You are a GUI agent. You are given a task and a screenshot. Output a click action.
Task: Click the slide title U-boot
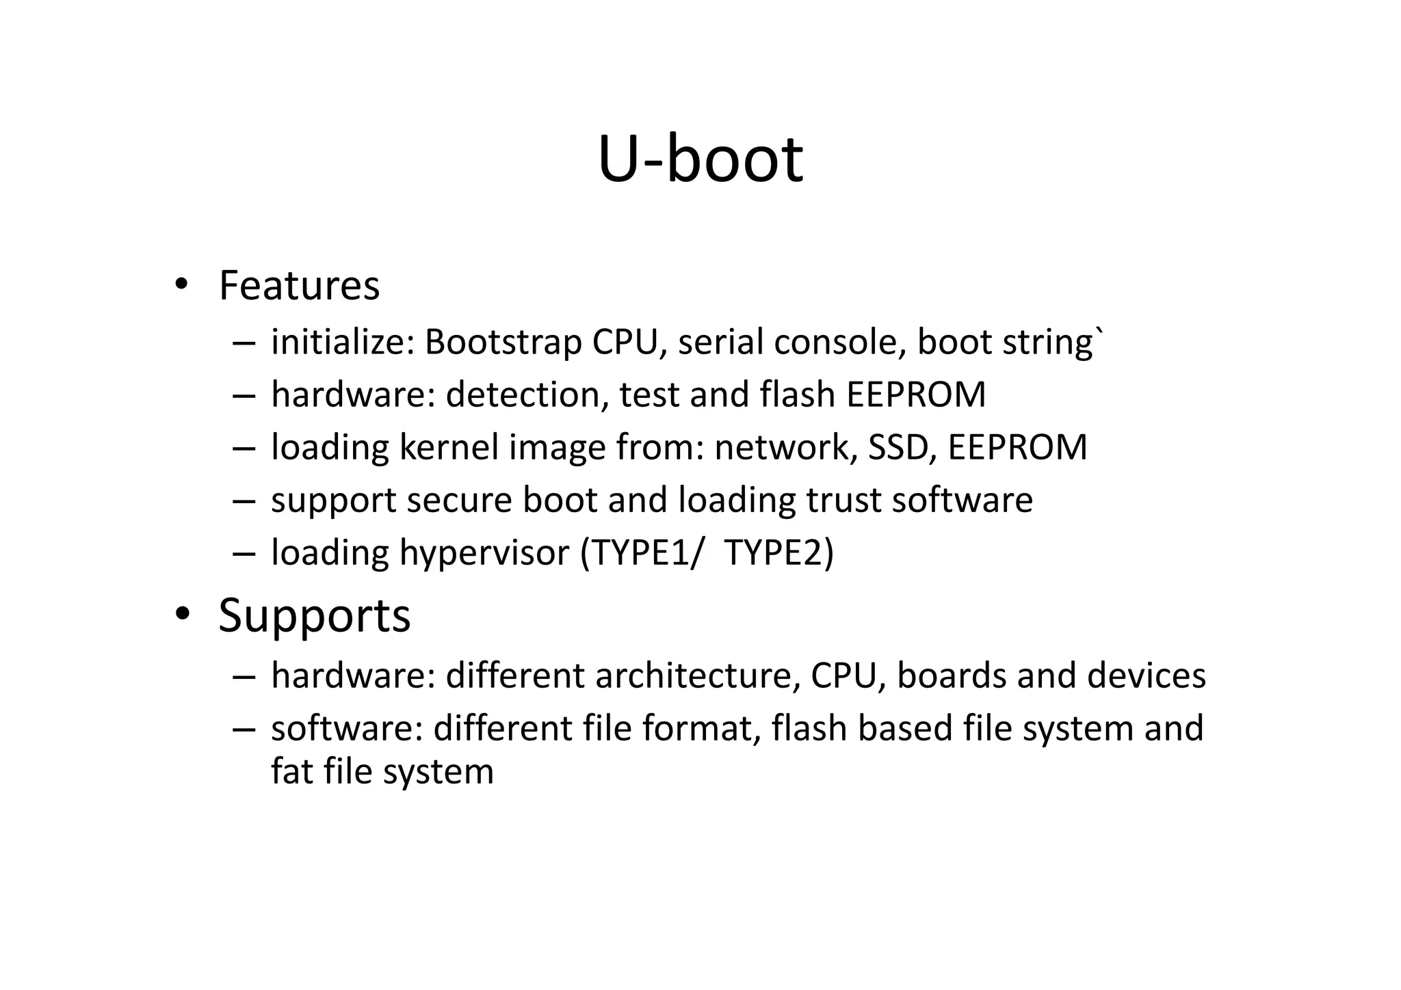700,159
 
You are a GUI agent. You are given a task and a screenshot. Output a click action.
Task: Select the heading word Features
299,286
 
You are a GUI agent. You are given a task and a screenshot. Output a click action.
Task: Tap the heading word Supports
314,615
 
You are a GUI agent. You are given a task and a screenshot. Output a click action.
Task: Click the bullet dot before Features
181,284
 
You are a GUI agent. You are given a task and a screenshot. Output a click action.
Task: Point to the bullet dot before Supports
181,614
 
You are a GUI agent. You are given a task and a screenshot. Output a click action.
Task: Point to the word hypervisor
484,552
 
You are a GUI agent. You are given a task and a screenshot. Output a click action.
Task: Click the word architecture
698,675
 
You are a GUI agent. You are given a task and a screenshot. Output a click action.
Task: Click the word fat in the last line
292,771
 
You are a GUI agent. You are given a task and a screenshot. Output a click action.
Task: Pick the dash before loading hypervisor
244,552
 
